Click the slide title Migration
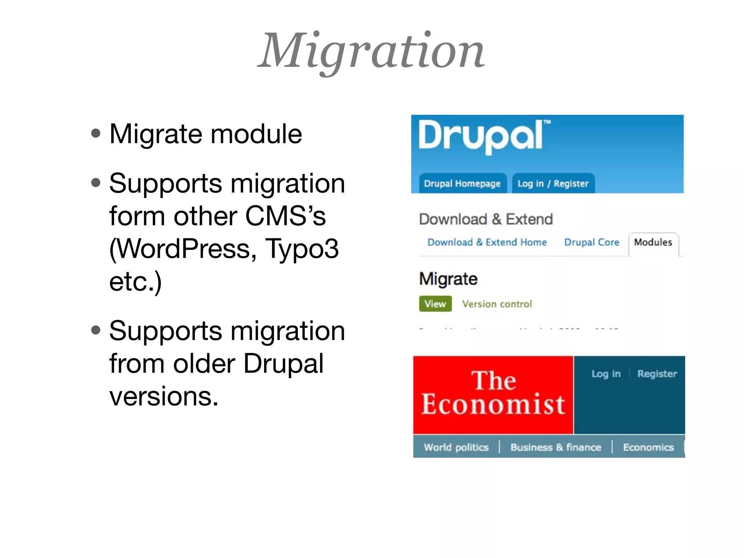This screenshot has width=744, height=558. [371, 51]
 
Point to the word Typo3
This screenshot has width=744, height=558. [302, 249]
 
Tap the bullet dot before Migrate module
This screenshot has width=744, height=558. [96, 133]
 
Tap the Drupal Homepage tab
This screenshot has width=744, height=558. [462, 183]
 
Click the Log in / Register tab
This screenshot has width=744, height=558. [553, 183]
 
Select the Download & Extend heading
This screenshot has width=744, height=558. [486, 219]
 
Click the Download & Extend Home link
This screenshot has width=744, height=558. [487, 242]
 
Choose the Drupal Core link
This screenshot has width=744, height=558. [591, 242]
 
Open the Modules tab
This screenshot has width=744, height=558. [653, 242]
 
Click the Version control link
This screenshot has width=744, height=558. [497, 304]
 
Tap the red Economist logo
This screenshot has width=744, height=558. [493, 394]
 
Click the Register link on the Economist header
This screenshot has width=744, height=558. [657, 374]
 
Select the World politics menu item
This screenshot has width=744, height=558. [456, 447]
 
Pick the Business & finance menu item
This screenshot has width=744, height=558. [555, 447]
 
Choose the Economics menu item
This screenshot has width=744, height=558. [648, 447]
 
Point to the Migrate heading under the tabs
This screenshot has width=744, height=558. [448, 279]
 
